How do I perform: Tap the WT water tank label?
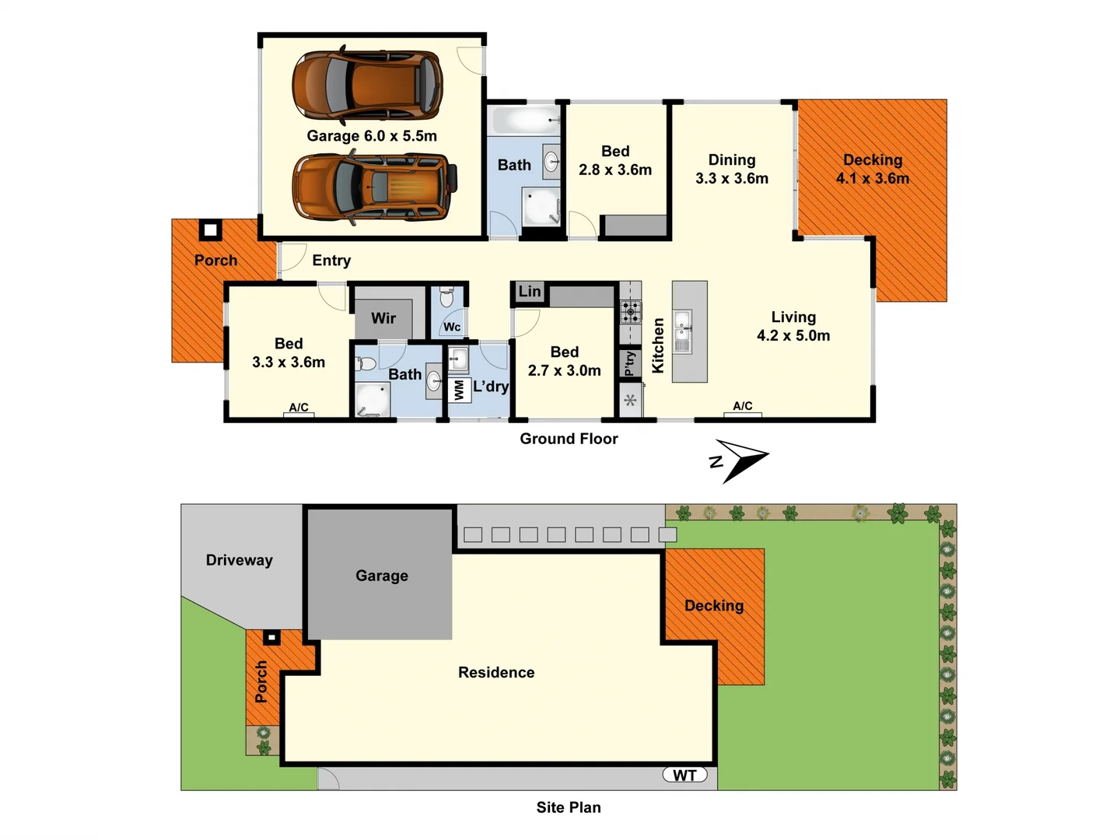(684, 775)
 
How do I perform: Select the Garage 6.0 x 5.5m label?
(372, 136)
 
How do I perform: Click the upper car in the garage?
(367, 84)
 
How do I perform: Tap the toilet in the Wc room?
(446, 297)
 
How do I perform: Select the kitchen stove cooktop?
(631, 312)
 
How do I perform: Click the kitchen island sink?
(682, 331)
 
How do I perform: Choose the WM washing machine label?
(459, 390)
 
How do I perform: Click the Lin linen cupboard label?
(530, 292)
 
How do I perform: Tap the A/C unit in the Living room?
(743, 408)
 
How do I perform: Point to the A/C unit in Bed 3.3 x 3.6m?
(299, 409)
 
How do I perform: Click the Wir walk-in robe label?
(383, 318)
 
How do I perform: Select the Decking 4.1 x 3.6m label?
(872, 170)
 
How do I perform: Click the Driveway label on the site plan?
(239, 560)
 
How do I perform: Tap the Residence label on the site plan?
(496, 673)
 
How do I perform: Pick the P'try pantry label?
(630, 363)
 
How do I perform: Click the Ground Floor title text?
(569, 439)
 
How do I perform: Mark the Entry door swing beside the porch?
(290, 257)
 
